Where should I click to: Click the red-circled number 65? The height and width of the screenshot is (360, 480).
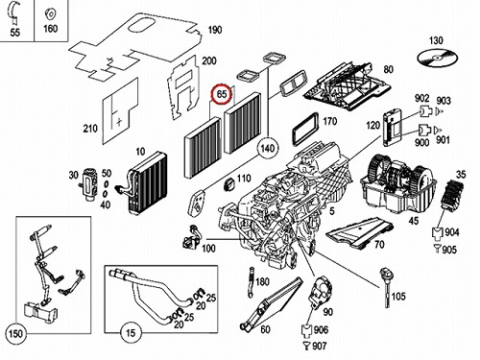(x=222, y=94)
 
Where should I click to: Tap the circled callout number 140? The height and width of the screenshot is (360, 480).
(x=268, y=149)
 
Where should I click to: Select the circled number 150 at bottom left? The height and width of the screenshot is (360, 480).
(x=15, y=334)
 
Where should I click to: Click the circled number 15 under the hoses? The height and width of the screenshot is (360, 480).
(x=131, y=333)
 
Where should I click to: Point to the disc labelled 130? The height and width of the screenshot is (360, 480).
(x=438, y=59)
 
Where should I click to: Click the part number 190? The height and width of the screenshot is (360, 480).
(x=215, y=30)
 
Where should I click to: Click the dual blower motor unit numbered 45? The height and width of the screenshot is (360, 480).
(x=398, y=184)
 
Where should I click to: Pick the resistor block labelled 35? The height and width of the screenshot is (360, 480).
(x=451, y=194)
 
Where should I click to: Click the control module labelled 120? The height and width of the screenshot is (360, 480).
(x=392, y=128)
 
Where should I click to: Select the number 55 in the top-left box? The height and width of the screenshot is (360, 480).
(x=14, y=33)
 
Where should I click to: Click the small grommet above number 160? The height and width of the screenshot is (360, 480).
(x=51, y=14)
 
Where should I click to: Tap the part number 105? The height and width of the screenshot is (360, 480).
(x=398, y=297)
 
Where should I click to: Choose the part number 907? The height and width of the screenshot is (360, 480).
(x=320, y=346)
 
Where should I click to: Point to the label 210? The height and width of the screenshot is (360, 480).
(x=90, y=129)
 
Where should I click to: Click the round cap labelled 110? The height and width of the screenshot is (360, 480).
(x=229, y=185)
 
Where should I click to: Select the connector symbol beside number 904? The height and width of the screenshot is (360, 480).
(x=437, y=232)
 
